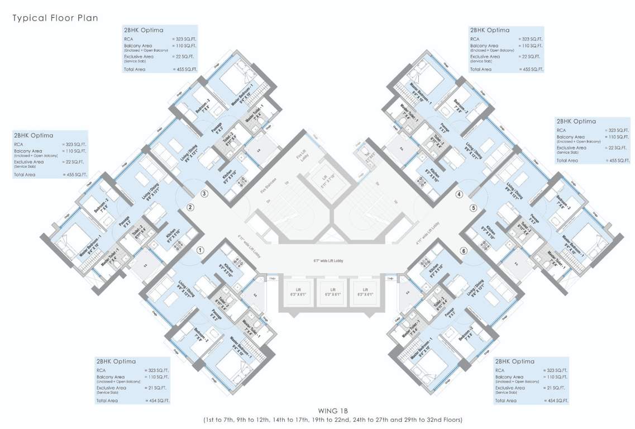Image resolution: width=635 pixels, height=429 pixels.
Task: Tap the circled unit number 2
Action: tap(190, 207)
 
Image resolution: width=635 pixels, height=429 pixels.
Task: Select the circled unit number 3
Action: tap(204, 194)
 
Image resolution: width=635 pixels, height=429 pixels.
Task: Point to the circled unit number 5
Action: tap(474, 208)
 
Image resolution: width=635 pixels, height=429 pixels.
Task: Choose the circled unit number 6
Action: tap(463, 251)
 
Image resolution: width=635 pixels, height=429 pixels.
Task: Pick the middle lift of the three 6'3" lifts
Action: tap(331, 293)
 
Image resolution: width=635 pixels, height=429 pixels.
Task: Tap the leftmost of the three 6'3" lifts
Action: tap(298, 293)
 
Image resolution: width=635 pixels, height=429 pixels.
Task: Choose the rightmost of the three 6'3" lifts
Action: tap(365, 293)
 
